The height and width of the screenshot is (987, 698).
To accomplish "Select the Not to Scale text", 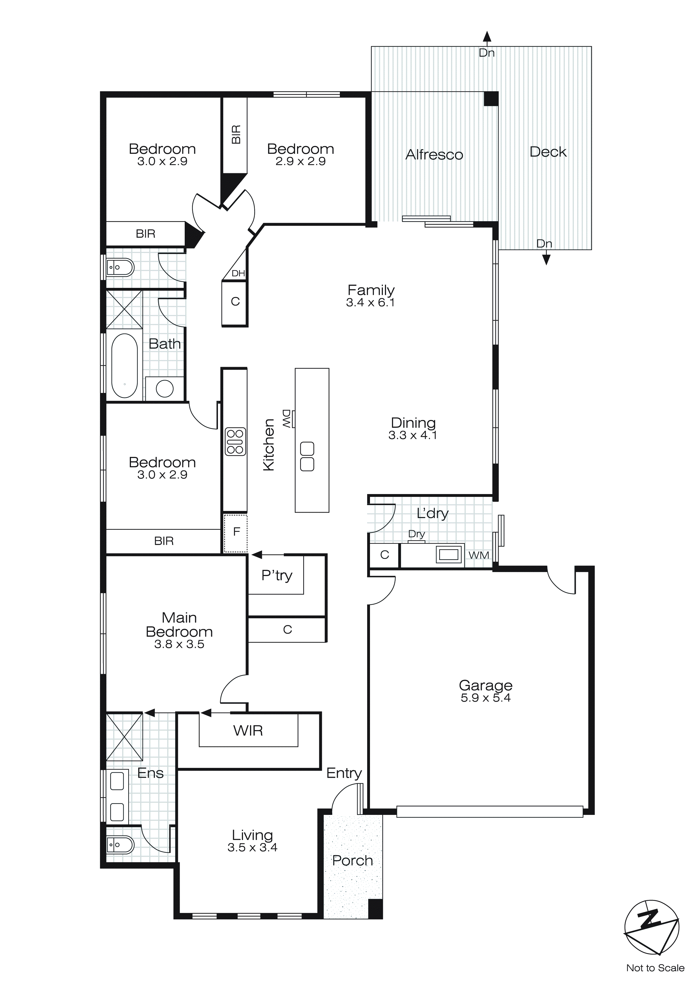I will (655, 968).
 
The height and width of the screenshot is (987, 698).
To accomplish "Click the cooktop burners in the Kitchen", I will (235, 441).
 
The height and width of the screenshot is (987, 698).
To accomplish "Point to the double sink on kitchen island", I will (307, 457).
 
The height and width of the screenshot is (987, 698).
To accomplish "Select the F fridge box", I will (236, 533).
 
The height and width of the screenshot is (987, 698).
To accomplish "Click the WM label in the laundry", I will (478, 555).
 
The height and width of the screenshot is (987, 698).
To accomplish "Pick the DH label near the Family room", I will (238, 274).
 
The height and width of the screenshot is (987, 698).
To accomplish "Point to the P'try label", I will (276, 575).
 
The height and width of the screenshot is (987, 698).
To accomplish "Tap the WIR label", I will (248, 730).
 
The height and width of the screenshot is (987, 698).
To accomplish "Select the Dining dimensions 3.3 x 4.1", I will (412, 435).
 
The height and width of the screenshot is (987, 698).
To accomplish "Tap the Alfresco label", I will (434, 155).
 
